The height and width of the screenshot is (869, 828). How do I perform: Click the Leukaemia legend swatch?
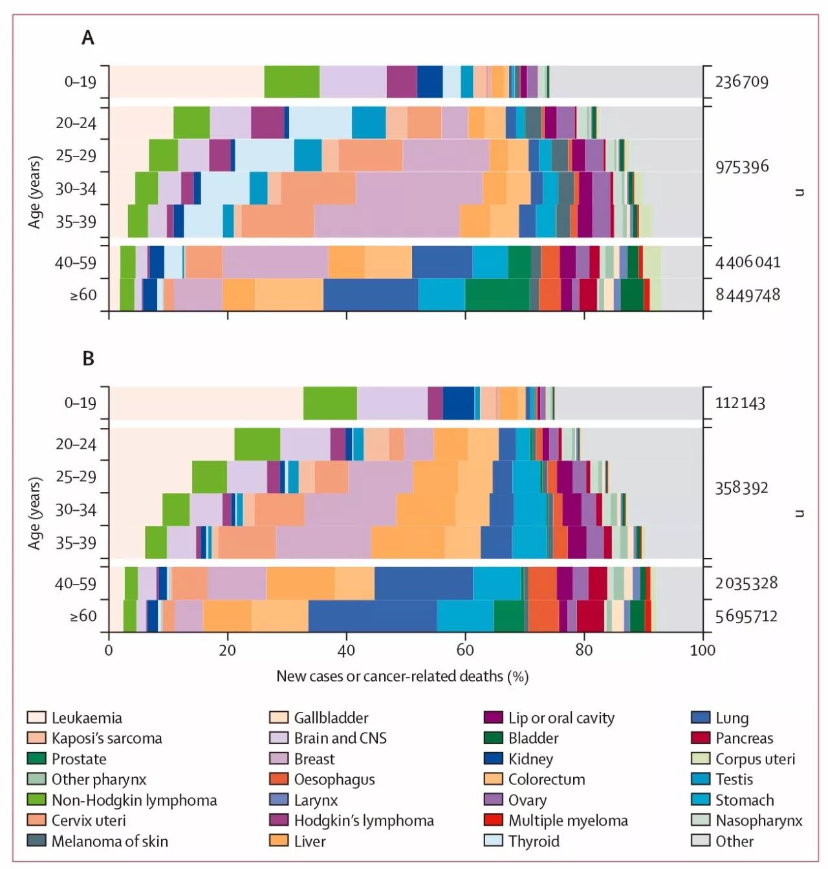36,718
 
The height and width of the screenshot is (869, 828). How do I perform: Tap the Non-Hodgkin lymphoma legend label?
134,800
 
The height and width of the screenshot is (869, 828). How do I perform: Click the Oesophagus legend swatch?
278,779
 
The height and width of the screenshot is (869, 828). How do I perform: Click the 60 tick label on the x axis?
465,650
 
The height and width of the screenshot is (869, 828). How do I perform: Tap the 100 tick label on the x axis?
703,650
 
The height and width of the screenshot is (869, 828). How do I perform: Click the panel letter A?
88,38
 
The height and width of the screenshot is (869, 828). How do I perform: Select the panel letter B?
88,359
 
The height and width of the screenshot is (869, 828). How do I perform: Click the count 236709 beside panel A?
741,82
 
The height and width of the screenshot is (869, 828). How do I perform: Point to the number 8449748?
747,295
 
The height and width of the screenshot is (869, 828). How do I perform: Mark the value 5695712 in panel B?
746,616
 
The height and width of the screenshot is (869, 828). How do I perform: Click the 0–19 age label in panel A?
80,82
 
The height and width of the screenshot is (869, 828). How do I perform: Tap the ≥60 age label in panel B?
83,616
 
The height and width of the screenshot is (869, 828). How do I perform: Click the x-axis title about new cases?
402,676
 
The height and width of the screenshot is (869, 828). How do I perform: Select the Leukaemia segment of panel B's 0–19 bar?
206,403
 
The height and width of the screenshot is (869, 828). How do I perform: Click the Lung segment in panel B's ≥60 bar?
372,616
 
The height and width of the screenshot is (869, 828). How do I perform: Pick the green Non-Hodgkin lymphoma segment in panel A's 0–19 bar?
292,82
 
